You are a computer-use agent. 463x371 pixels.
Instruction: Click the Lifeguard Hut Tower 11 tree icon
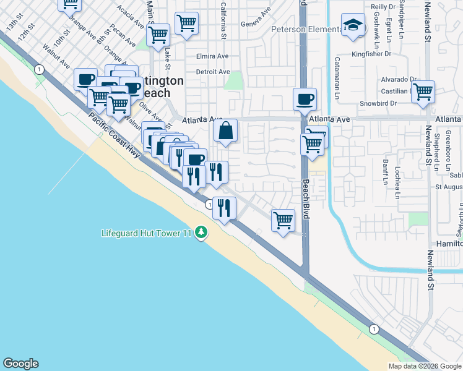[x=201, y=232]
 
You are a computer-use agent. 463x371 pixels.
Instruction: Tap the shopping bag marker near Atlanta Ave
[x=226, y=131]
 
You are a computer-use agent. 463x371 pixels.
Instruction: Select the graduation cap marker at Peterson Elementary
[x=353, y=27]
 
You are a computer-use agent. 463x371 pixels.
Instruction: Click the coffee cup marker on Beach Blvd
[x=305, y=99]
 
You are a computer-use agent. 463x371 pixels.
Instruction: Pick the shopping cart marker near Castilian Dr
[x=423, y=92]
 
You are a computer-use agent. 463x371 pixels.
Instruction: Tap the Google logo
[x=20, y=364]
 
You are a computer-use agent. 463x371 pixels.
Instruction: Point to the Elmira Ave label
[x=212, y=56]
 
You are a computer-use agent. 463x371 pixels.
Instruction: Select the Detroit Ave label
[x=212, y=72]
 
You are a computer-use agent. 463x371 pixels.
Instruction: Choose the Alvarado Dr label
[x=397, y=79]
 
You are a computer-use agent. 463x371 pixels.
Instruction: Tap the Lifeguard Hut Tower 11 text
[x=147, y=233]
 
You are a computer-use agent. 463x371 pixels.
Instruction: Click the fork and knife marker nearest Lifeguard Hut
[x=224, y=208]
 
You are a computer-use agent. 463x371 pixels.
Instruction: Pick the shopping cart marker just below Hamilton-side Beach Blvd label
[x=283, y=220]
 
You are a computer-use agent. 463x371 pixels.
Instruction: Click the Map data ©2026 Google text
[x=424, y=366]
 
